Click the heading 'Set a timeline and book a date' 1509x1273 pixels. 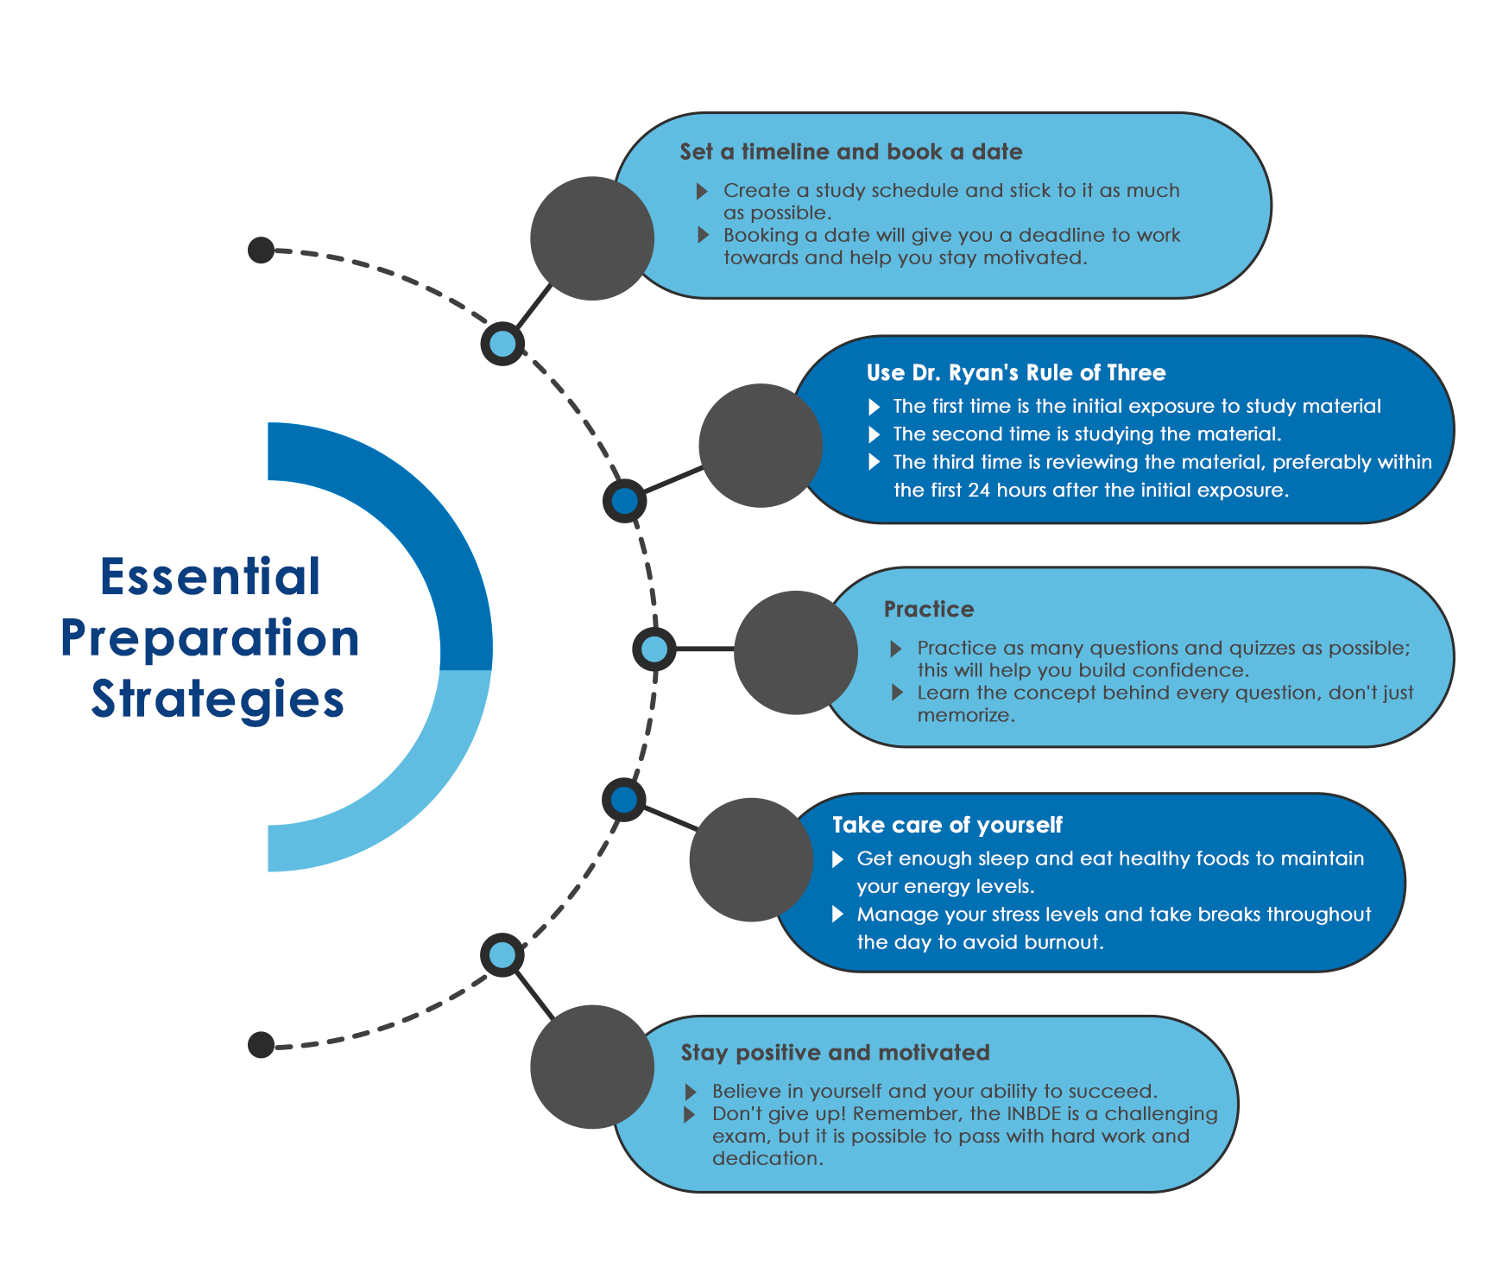850,152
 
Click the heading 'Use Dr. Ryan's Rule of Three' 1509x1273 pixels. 1015,373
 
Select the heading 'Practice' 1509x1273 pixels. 928,610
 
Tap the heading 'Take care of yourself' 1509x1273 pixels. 946,826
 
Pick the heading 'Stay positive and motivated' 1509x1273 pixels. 835,1053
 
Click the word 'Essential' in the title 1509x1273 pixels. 211,577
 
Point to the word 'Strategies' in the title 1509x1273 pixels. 218,700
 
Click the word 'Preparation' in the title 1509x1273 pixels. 210,638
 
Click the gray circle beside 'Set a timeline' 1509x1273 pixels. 592,238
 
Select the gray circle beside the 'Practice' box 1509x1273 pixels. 795,653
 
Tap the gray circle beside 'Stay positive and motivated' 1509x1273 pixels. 592,1067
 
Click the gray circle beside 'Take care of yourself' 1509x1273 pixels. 751,859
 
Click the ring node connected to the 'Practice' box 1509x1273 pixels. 654,649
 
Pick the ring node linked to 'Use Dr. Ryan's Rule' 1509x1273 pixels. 624,501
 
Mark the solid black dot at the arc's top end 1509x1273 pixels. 261,250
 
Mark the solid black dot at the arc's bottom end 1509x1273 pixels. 261,1045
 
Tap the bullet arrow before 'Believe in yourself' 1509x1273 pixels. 691,1092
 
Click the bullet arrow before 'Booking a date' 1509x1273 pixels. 703,235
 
